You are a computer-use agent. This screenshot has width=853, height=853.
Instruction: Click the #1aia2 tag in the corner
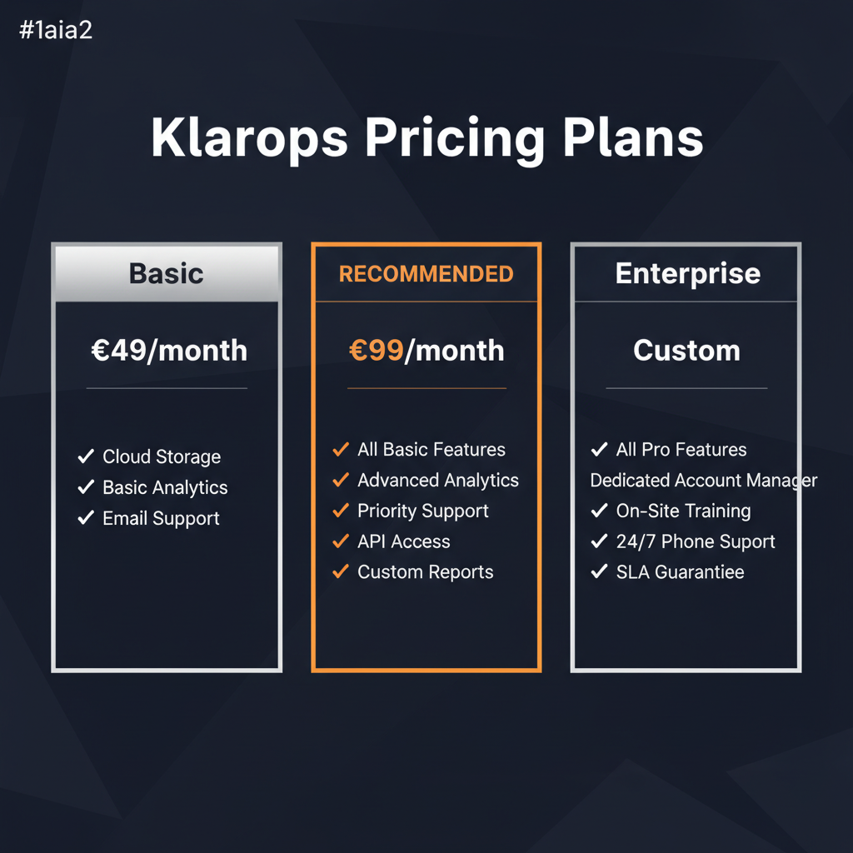click(54, 32)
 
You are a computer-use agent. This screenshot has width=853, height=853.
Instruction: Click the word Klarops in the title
click(249, 137)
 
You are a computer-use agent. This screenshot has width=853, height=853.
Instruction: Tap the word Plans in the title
click(633, 137)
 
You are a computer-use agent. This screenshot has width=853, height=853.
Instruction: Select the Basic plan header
click(167, 273)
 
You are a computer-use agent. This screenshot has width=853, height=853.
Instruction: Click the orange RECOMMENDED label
click(426, 274)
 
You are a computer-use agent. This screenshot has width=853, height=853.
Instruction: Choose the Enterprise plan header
click(687, 273)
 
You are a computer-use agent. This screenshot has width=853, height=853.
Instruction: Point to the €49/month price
click(168, 351)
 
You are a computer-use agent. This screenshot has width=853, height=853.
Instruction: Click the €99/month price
click(426, 351)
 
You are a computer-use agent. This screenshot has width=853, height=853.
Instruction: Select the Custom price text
click(686, 351)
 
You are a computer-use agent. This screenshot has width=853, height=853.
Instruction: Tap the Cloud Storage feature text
click(162, 456)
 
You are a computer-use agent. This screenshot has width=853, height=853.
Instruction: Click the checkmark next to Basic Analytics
click(85, 487)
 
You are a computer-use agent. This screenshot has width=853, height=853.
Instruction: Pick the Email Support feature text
click(161, 518)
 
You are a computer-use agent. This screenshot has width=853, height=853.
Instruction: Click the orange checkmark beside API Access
click(340, 541)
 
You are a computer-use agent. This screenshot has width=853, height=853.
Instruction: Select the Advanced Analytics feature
click(437, 481)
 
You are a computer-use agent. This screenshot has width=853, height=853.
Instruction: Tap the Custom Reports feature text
click(425, 572)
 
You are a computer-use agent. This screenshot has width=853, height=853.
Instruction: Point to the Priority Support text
click(422, 511)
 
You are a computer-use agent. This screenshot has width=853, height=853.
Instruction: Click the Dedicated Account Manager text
click(703, 481)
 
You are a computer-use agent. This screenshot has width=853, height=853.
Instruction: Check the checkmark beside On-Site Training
click(598, 511)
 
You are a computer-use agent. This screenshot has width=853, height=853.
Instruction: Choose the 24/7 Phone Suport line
click(695, 541)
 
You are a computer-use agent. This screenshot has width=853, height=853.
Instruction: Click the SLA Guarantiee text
click(680, 572)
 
